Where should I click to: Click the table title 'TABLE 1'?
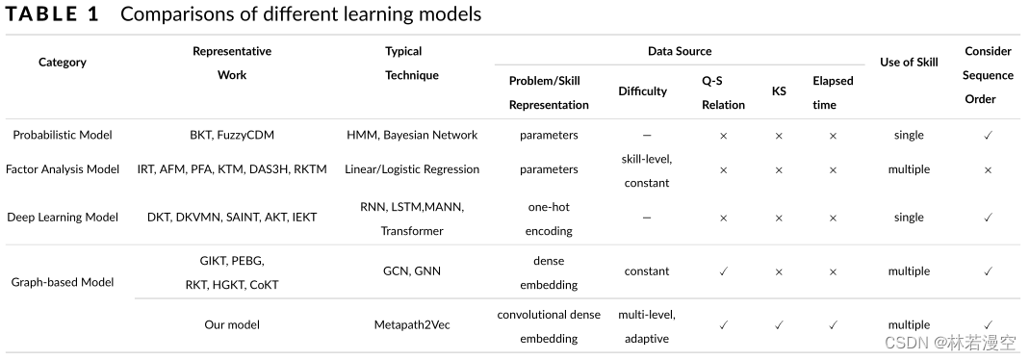pos(54,14)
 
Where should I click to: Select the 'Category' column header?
pos(63,63)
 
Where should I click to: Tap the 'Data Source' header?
pos(680,51)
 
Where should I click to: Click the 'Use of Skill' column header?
pos(909,63)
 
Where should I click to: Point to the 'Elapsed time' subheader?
pos(833,92)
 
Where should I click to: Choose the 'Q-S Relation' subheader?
pos(723,92)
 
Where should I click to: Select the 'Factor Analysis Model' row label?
pos(63,169)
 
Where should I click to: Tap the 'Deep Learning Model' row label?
pos(63,218)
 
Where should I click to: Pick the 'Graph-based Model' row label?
pos(63,282)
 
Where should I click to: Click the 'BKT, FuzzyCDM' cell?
pos(232,136)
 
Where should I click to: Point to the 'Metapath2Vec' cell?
pos(412,325)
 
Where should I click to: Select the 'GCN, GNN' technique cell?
pos(412,271)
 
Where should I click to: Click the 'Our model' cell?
pos(232,325)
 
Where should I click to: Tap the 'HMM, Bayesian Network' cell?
pos(412,136)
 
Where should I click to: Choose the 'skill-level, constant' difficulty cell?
pos(647,169)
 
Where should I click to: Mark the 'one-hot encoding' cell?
pos(549,219)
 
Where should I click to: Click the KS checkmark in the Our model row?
pos(779,325)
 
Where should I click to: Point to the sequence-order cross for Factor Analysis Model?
pos(988,169)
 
